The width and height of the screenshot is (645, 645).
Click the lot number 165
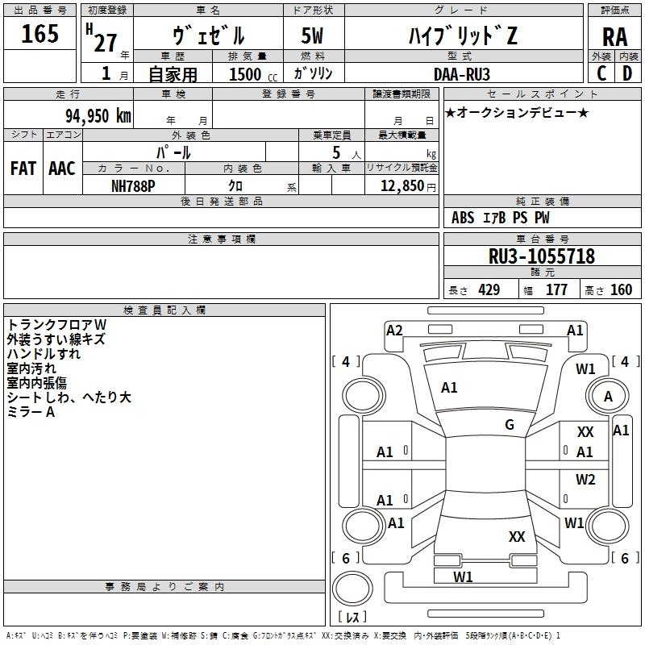(x=40, y=35)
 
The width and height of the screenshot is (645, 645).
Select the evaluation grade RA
(x=614, y=37)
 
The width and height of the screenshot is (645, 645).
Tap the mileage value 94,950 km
(x=98, y=116)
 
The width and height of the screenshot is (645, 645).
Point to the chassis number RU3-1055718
(x=541, y=256)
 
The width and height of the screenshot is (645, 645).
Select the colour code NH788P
(x=134, y=185)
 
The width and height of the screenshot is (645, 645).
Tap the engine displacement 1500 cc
(x=246, y=74)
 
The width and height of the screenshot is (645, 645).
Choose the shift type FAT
(x=23, y=169)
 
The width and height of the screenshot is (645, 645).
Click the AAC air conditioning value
(x=62, y=169)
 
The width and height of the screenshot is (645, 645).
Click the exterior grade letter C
(x=601, y=73)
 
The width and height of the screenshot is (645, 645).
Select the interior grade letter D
(x=627, y=73)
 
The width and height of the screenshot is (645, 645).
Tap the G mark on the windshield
(x=510, y=425)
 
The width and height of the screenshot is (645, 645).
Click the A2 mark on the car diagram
(x=394, y=330)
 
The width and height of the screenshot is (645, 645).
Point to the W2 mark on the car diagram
(x=585, y=480)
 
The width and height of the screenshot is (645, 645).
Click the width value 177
(x=556, y=290)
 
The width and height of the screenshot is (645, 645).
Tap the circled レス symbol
(x=352, y=617)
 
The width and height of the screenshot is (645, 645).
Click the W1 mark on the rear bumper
(x=463, y=576)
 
